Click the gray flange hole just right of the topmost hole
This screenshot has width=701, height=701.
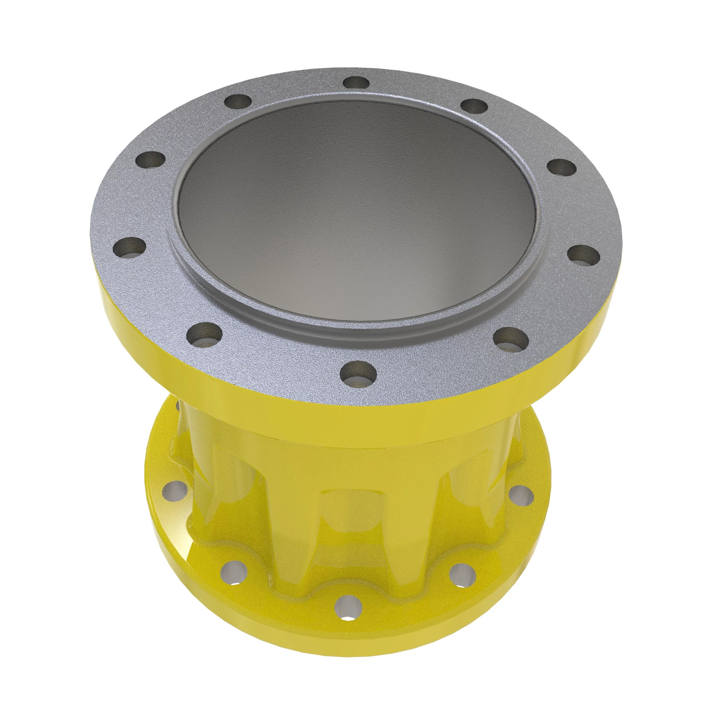pos(474,107)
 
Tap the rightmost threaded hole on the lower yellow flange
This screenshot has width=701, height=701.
pos(521,494)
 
